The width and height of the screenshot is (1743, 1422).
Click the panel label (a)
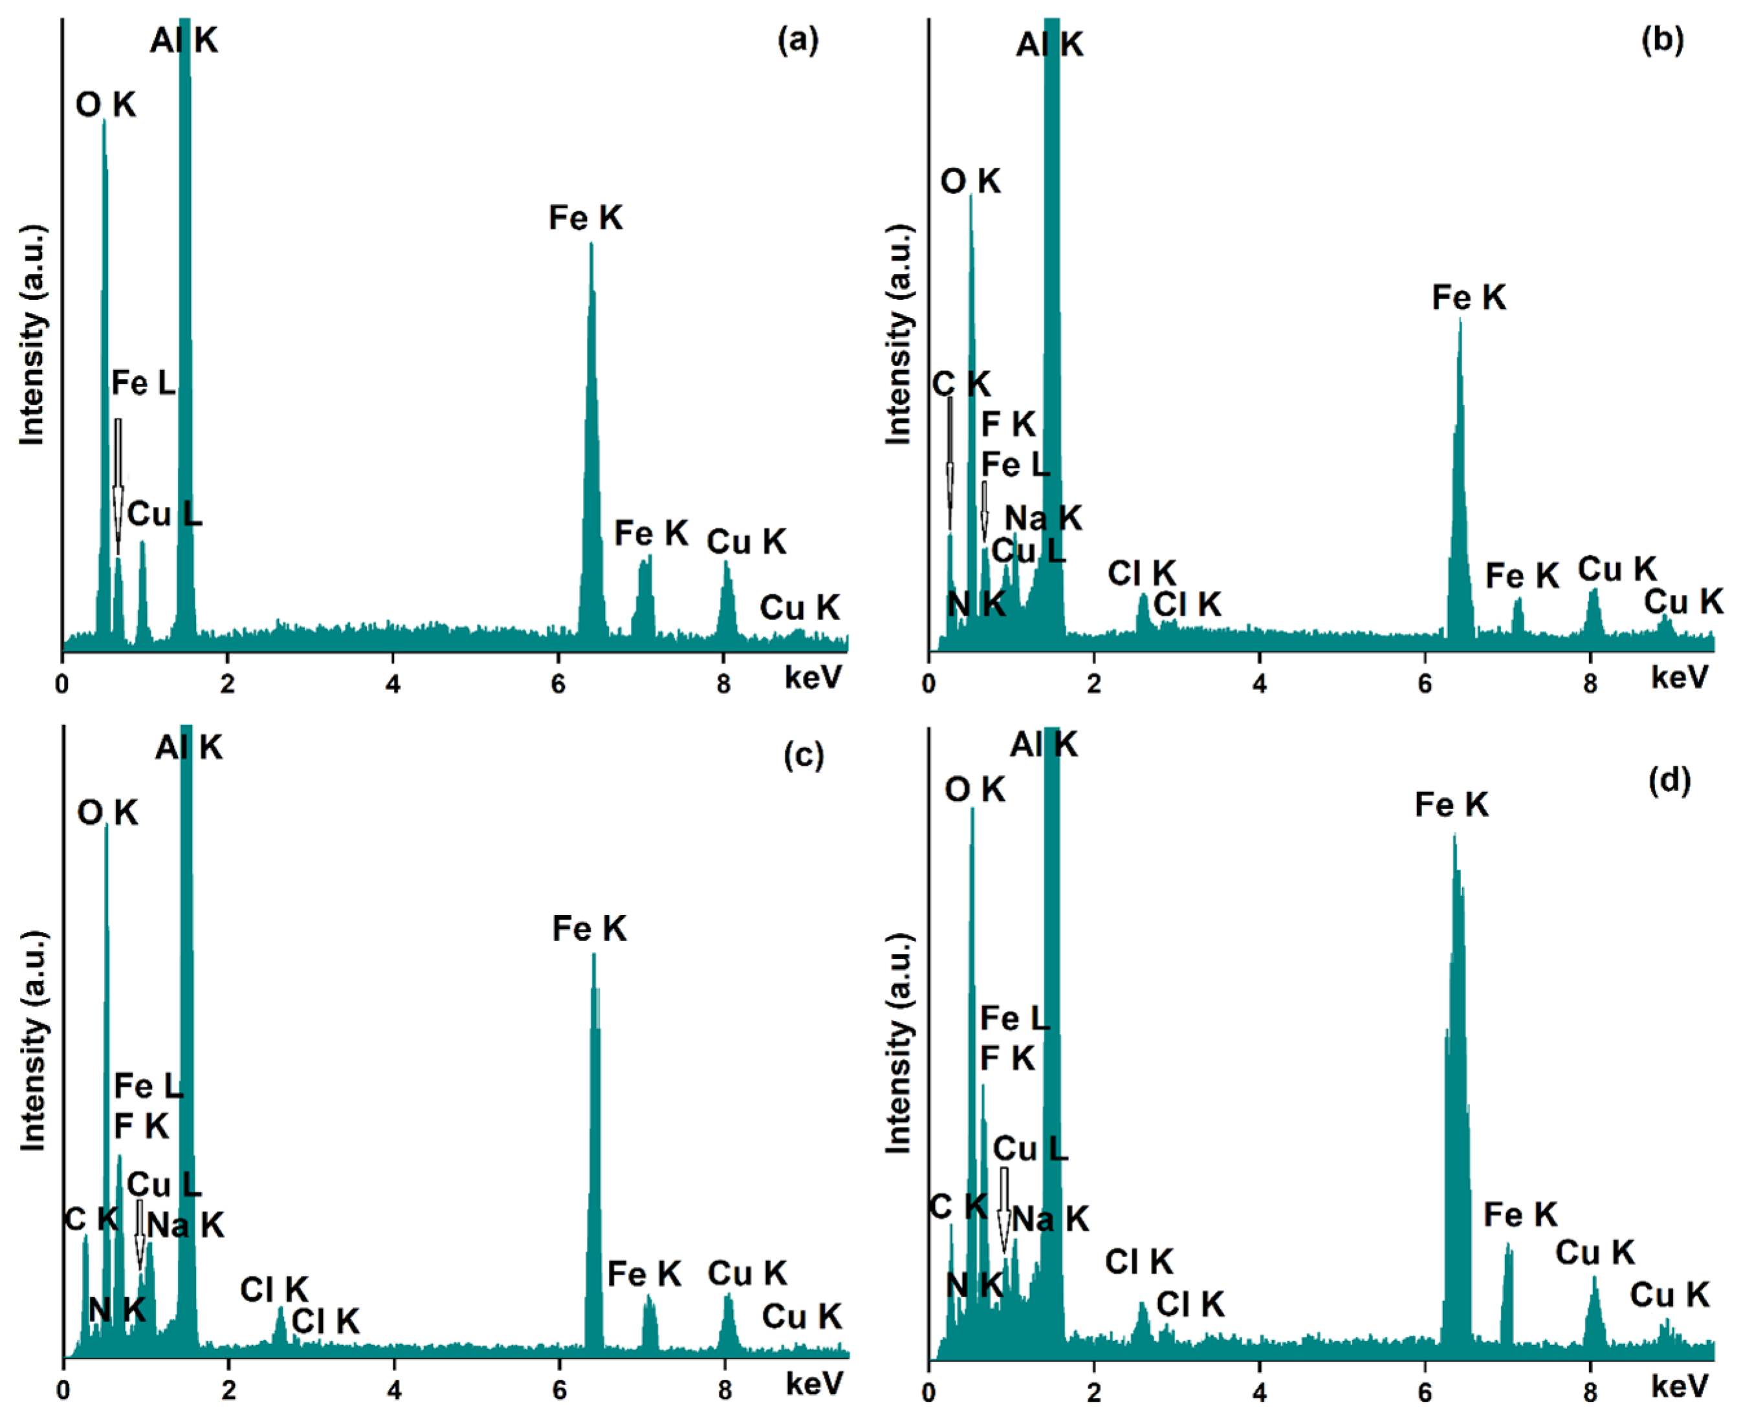797,40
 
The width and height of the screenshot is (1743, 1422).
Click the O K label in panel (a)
105,105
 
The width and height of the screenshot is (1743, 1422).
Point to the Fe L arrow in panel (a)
118,483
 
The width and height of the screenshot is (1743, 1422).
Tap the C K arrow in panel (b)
950,463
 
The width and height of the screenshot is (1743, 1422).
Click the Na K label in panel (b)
1043,518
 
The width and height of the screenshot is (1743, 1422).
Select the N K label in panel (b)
975,605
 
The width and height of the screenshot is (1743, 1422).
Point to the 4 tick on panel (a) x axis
393,683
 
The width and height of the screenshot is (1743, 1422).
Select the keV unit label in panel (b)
1679,678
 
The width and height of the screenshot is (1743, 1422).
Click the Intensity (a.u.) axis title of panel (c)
33,1040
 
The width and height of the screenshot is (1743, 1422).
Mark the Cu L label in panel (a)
164,514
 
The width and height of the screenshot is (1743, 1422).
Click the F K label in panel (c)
141,1126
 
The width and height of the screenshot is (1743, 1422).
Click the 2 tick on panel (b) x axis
1094,683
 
